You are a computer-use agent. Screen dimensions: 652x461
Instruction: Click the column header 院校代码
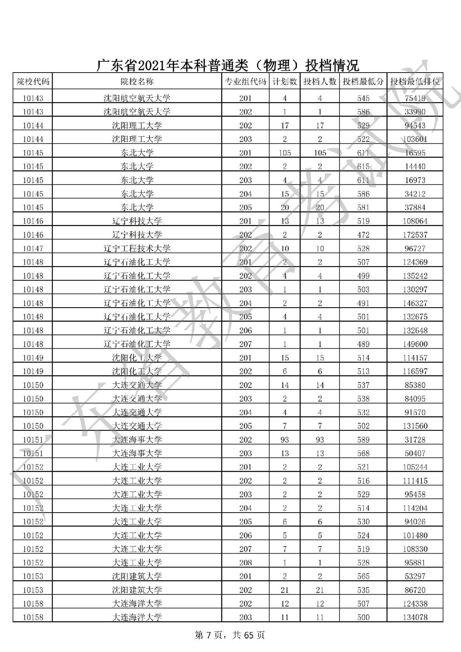tap(33, 81)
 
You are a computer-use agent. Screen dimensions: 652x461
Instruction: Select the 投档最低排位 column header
tap(415, 81)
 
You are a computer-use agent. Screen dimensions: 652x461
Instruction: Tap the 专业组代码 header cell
tap(245, 81)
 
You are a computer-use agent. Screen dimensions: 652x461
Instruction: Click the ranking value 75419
tap(415, 98)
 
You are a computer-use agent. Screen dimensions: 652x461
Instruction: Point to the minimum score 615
tap(363, 167)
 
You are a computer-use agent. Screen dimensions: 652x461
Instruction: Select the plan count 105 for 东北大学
tap(285, 153)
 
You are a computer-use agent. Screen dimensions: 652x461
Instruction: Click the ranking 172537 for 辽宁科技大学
tap(415, 235)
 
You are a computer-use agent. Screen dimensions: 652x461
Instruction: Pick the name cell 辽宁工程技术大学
tap(137, 248)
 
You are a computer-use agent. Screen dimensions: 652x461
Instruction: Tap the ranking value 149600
tap(415, 344)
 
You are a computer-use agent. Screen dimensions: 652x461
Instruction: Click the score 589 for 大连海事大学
tap(363, 440)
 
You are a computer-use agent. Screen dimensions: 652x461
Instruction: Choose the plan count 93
tap(285, 440)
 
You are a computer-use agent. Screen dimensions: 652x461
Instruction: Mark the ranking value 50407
tap(415, 453)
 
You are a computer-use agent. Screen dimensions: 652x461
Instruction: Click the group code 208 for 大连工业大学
tap(245, 563)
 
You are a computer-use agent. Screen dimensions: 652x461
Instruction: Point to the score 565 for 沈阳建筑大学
tap(363, 576)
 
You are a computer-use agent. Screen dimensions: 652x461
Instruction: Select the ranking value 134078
tap(415, 617)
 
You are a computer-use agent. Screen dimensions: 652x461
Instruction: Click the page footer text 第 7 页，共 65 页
tap(230, 635)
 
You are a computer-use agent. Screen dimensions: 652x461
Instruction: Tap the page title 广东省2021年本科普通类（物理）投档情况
tap(227, 65)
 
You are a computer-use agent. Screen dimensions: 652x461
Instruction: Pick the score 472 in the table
tap(363, 235)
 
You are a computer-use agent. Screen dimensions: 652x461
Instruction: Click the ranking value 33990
tap(415, 112)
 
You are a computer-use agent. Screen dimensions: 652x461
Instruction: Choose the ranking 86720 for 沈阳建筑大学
tap(415, 590)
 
